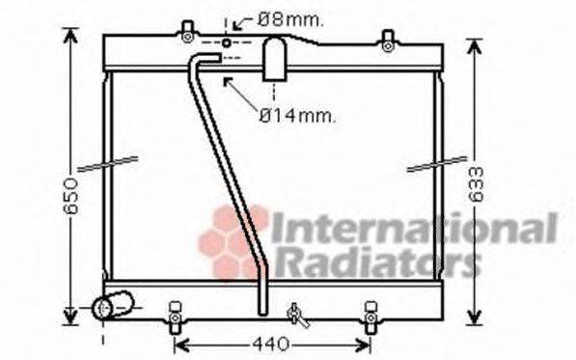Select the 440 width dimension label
(272, 345)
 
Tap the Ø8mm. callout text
(290, 18)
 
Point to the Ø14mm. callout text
(297, 115)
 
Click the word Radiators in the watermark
(377, 261)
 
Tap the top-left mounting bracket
(186, 37)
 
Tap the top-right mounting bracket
(386, 40)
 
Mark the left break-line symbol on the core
(108, 161)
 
